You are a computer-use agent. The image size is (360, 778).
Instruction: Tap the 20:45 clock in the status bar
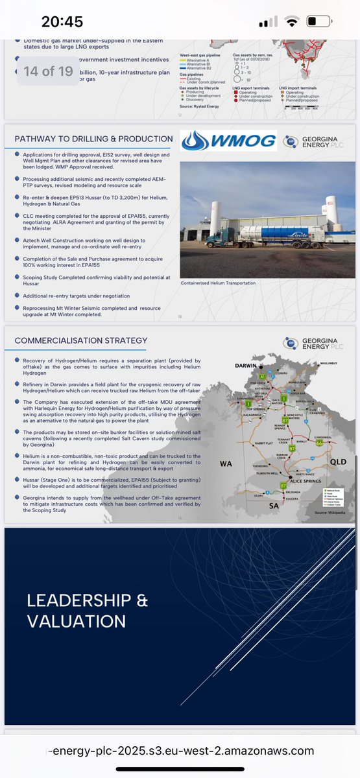(62, 21)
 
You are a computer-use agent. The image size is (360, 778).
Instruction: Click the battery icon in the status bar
(320, 21)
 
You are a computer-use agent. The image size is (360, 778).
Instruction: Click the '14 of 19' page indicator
(49, 71)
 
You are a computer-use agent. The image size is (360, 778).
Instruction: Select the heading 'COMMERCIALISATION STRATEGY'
(81, 340)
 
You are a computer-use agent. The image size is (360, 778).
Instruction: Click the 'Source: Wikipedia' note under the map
(328, 512)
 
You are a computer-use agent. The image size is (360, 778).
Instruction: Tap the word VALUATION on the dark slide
(77, 621)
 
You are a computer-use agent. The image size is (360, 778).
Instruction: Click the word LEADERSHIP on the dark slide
(87, 600)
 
